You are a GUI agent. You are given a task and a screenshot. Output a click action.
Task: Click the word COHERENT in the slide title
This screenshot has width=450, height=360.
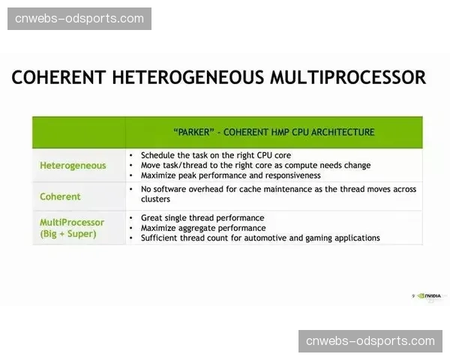coord(58,77)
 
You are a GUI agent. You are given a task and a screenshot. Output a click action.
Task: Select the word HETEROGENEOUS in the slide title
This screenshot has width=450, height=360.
coord(187,77)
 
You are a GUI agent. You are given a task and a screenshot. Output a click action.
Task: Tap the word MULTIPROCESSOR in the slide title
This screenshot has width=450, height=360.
coord(348,77)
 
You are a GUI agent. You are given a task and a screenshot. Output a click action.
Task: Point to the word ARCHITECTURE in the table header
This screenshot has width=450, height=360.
coord(343,132)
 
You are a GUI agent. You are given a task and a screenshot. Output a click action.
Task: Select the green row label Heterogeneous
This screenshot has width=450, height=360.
coord(73,166)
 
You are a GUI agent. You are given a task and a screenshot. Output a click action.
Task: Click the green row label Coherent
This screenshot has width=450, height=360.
coord(60,196)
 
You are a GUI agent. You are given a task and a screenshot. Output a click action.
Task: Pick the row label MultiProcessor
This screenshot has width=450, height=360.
coord(72,222)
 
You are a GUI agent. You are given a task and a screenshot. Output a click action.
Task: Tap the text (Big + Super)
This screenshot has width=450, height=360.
coord(68,234)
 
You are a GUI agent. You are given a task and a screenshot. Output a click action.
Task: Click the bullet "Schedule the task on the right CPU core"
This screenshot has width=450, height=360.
coord(216,155)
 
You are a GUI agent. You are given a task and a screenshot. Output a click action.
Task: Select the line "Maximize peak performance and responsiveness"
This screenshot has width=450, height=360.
coord(231,175)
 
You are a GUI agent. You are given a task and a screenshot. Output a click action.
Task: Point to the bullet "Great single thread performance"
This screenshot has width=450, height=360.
coord(202,218)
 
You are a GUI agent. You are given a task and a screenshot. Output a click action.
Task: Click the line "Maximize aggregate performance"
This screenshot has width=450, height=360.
coord(203,228)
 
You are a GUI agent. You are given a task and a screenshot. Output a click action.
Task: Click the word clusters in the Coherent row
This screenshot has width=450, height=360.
coord(155,199)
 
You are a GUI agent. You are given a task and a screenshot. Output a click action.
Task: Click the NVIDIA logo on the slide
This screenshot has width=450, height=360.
coord(429,295)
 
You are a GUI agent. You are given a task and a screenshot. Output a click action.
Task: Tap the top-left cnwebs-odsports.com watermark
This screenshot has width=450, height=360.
coord(79,19)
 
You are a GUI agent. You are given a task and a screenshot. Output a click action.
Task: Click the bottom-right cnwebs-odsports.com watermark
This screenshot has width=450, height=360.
coord(370,341)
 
